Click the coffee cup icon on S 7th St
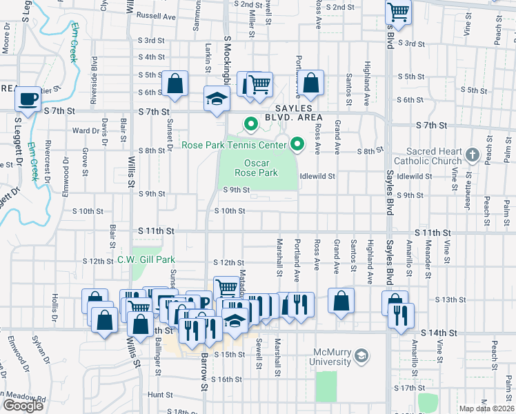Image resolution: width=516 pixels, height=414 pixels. (x=29, y=99)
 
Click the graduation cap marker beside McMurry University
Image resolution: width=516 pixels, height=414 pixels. (x=360, y=357)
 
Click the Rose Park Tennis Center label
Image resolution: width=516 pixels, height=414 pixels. (x=234, y=145)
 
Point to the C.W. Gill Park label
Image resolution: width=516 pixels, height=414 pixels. (x=146, y=259)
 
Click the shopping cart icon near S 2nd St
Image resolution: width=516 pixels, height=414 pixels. (x=398, y=11)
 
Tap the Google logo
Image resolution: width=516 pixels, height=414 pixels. (x=23, y=406)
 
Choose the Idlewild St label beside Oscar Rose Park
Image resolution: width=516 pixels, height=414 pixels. (x=317, y=176)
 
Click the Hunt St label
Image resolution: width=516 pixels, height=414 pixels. (x=159, y=395)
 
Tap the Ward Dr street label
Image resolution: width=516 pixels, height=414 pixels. (x=86, y=130)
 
